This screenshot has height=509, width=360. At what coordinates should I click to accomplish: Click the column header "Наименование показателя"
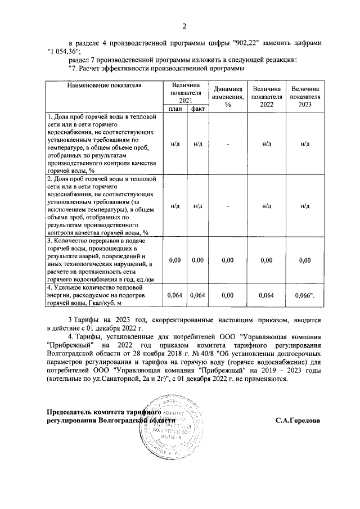pyautogui.click(x=104, y=85)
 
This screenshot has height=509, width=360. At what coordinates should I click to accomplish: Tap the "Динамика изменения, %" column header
pyautogui.click(x=228, y=96)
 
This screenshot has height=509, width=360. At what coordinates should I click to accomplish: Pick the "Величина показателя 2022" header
pyautogui.click(x=266, y=96)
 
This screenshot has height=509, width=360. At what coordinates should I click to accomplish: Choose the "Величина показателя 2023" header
pyautogui.click(x=305, y=96)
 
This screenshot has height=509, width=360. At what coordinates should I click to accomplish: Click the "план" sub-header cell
pyautogui.click(x=175, y=109)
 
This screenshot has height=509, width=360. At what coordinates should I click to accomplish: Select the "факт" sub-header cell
pyautogui.click(x=197, y=109)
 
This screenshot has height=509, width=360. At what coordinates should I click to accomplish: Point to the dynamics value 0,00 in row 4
pyautogui.click(x=228, y=295)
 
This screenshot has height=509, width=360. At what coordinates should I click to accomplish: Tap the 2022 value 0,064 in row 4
pyautogui.click(x=266, y=295)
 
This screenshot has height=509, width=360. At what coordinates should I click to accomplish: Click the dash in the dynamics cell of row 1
pyautogui.click(x=228, y=144)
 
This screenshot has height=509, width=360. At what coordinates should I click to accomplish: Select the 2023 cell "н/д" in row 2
pyautogui.click(x=305, y=205)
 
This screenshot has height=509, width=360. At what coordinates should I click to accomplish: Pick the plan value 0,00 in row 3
pyautogui.click(x=175, y=260)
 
